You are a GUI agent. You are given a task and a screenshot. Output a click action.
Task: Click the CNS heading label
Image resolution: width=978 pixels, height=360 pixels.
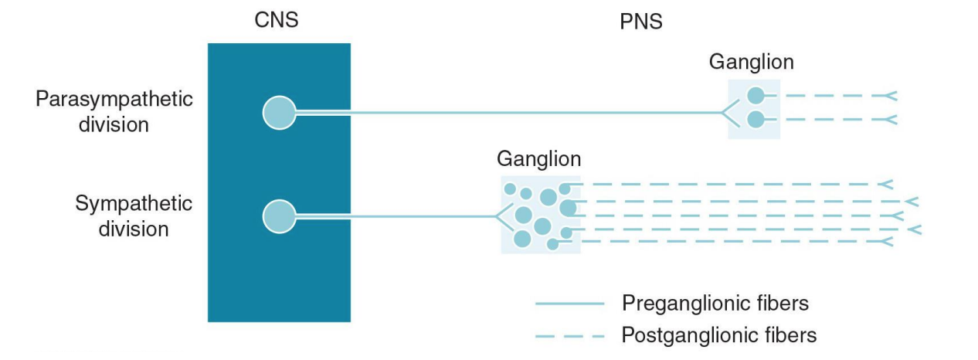pyautogui.click(x=276, y=21)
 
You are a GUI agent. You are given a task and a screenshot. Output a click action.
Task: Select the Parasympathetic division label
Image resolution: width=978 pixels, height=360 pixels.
pyautogui.click(x=114, y=112)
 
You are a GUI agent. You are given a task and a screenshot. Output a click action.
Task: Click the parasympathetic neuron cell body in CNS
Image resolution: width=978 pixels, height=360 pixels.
pyautogui.click(x=279, y=113)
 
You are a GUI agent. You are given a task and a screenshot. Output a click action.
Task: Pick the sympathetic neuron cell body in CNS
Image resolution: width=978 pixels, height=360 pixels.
pyautogui.click(x=279, y=216)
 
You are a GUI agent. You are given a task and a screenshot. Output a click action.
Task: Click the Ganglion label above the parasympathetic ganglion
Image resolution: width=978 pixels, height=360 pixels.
pyautogui.click(x=751, y=62)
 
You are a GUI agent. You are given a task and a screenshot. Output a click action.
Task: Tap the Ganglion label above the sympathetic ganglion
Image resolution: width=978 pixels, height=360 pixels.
pyautogui.click(x=538, y=159)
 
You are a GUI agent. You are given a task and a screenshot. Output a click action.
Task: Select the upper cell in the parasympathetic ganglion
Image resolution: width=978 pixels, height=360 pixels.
pyautogui.click(x=756, y=96)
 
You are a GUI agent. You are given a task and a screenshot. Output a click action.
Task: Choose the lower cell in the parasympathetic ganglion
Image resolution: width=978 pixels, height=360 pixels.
pyautogui.click(x=756, y=120)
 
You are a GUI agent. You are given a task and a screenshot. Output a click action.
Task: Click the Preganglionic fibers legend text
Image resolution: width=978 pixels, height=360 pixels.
pyautogui.click(x=715, y=303)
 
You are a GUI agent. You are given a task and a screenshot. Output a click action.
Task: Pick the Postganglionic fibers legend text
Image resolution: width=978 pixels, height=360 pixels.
pyautogui.click(x=718, y=335)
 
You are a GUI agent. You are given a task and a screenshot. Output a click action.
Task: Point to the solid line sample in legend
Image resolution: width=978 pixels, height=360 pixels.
pyautogui.click(x=569, y=304)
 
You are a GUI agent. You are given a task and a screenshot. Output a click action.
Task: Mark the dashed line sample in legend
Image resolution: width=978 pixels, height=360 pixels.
pyautogui.click(x=569, y=336)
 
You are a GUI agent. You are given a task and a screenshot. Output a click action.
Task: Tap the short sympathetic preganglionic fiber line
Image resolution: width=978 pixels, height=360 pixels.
pyautogui.click(x=394, y=216)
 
